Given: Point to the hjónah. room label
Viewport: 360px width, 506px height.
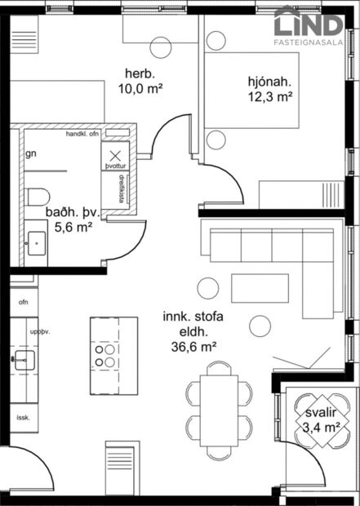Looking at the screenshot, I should [x=270, y=82].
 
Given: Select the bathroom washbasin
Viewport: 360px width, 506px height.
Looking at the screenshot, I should [x=35, y=241].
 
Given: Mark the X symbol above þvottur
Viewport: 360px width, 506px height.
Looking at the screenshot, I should [x=114, y=154].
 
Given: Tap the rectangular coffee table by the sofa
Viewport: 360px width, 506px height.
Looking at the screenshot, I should [x=254, y=288].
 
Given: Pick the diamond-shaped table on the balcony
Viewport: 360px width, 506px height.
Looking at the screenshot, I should [x=313, y=419].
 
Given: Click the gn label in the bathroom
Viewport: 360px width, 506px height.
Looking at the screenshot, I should [x=31, y=153].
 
